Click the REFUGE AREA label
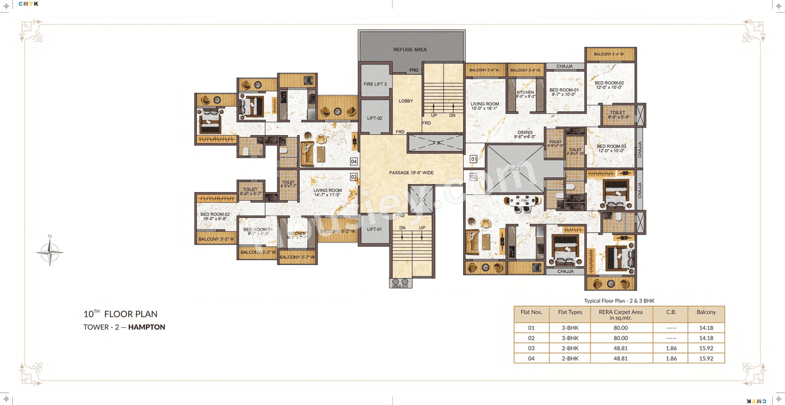(410, 50)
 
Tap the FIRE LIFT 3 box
(375, 84)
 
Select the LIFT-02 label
(375, 118)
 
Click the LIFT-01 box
(374, 229)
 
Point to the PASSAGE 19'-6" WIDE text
(411, 172)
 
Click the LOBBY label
(405, 101)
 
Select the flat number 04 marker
(354, 161)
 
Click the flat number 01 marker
(473, 160)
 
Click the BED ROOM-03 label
(611, 148)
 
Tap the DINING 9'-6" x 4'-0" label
(525, 134)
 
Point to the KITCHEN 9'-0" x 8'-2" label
(525, 94)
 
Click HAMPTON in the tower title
(147, 327)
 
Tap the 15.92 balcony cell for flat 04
(706, 358)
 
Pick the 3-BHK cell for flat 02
(570, 338)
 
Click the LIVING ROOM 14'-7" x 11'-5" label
(327, 193)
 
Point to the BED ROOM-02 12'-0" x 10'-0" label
(608, 85)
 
